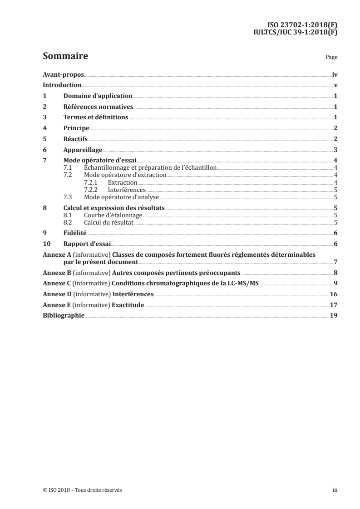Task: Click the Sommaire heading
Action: [65, 57]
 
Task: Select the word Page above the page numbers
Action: [331, 58]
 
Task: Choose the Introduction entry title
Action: [62, 85]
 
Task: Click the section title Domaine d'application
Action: [98, 96]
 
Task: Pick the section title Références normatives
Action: [98, 107]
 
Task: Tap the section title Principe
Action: [76, 128]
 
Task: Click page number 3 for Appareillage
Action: [335, 150]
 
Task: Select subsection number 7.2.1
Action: [92, 182]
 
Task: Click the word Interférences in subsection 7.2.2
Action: [127, 190]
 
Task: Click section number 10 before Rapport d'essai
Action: [46, 244]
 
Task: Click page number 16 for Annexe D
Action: [334, 294]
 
